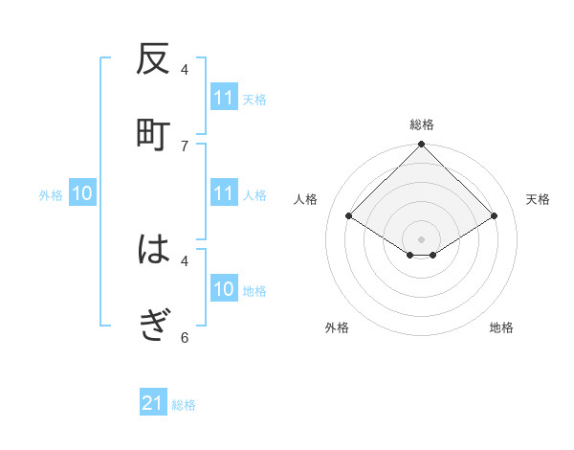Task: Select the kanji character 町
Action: (153, 133)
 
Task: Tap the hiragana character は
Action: (153, 250)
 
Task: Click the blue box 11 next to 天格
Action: (223, 98)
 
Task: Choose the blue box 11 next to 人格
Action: (223, 193)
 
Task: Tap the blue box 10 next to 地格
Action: (223, 289)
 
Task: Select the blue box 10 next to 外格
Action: (82, 193)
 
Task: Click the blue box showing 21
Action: (153, 403)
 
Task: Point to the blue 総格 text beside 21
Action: (184, 405)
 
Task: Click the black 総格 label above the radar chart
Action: (421, 124)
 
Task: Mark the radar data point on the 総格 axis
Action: (421, 146)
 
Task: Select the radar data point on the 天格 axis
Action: (495, 216)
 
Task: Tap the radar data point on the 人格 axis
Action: (349, 216)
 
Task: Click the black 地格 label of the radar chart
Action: (501, 327)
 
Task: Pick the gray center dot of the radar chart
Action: (421, 237)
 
